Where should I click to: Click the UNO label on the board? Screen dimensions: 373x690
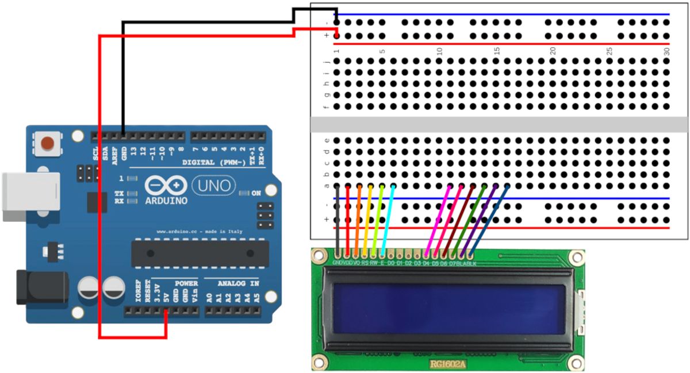[x=213, y=185]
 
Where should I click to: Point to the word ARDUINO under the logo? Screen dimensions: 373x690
[x=166, y=201]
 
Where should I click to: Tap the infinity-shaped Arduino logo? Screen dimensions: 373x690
[x=166, y=185]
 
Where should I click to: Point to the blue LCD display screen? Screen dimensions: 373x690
[x=448, y=308]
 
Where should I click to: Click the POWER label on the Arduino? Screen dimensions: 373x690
[x=186, y=283]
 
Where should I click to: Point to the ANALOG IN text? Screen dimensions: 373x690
[x=238, y=283]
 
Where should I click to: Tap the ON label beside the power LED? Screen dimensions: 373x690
[x=256, y=193]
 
